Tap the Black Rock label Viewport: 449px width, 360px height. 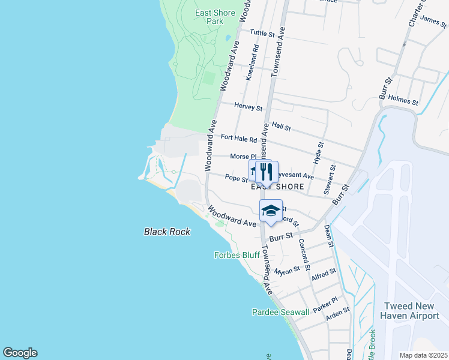(x=167, y=232)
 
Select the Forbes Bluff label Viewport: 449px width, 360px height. (x=237, y=255)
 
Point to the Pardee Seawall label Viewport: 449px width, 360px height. (x=280, y=312)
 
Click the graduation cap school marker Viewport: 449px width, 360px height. (x=271, y=211)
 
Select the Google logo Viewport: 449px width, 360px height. (x=20, y=353)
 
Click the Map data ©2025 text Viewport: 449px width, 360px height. (x=423, y=355)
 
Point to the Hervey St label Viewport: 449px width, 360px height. (x=249, y=107)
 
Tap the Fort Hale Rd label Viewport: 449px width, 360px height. (x=238, y=137)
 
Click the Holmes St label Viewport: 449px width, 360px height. (x=403, y=100)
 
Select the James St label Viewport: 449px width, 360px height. (x=433, y=22)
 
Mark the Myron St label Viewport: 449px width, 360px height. (x=287, y=271)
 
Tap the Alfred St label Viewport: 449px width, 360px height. (x=324, y=275)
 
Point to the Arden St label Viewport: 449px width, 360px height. (x=337, y=314)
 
